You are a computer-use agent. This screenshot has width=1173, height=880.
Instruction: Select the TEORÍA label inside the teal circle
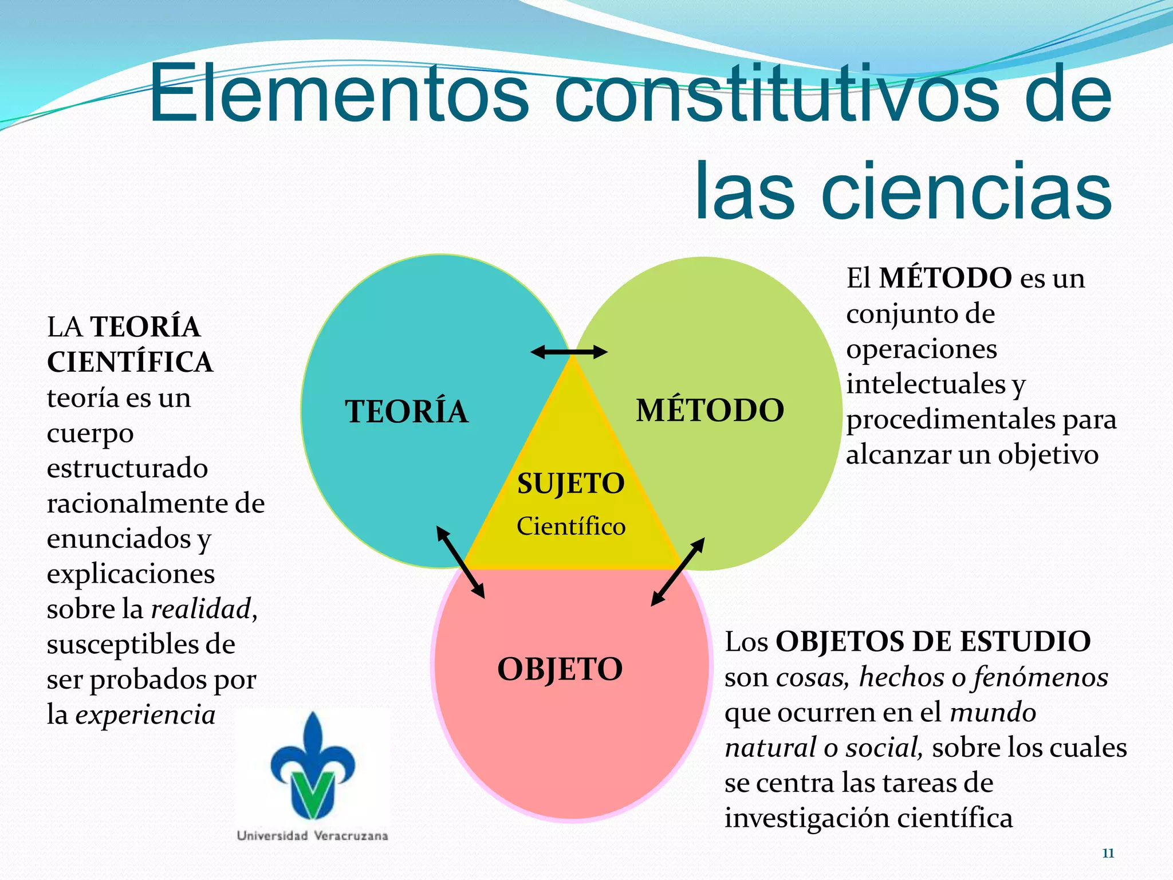click(406, 411)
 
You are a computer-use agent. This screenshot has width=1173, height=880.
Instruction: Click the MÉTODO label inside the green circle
click(710, 410)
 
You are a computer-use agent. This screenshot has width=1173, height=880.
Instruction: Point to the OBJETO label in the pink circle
click(560, 669)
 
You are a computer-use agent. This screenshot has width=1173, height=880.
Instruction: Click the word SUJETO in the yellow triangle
click(570, 483)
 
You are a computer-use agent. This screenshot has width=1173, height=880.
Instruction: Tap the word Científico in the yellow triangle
click(570, 526)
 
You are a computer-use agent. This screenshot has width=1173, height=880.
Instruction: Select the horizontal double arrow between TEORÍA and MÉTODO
click(569, 352)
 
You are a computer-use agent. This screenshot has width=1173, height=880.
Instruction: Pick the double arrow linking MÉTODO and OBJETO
click(678, 572)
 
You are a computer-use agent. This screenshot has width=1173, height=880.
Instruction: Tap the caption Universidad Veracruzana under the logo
click(312, 836)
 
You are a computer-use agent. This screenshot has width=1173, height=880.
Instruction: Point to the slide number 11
click(1108, 853)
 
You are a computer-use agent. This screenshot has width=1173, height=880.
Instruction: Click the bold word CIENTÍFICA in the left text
click(130, 362)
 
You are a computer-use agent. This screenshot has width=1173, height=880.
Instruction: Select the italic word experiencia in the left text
click(145, 714)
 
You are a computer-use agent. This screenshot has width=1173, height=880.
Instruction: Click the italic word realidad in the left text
click(201, 608)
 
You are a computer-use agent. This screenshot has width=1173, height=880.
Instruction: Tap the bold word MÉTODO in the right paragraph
click(946, 278)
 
